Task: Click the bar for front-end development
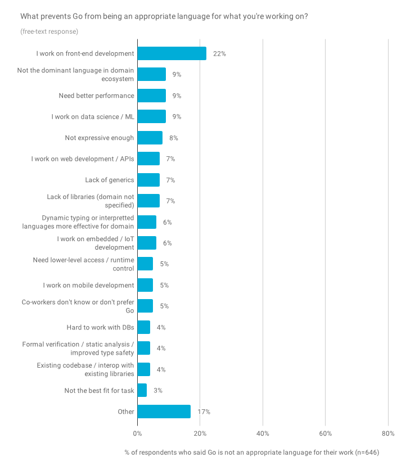tap(172, 53)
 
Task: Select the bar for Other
tap(164, 412)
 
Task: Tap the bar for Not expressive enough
tap(150, 138)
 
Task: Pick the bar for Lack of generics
tap(148, 180)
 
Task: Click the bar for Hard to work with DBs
tap(143, 327)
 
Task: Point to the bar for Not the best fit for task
tap(142, 390)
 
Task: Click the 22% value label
tap(219, 53)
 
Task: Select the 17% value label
tap(204, 412)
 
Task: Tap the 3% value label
tap(158, 390)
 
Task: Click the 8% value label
tap(174, 138)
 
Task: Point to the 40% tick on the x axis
tap(263, 433)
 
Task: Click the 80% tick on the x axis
tap(388, 433)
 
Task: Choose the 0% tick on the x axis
tap(137, 433)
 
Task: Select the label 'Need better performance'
tap(96, 96)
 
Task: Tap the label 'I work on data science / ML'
tap(92, 116)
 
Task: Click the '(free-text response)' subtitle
tap(49, 31)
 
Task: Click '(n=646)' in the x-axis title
tap(366, 452)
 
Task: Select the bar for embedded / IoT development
tap(147, 243)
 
